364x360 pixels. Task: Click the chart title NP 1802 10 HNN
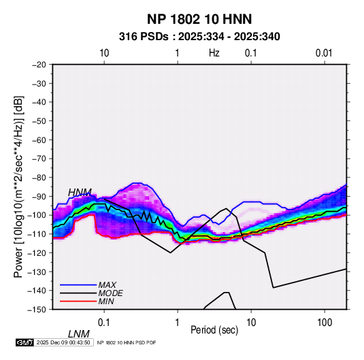pyautogui.click(x=199, y=19)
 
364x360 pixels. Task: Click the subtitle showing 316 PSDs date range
pyautogui.click(x=199, y=37)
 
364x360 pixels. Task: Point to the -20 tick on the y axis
pyautogui.click(x=39, y=65)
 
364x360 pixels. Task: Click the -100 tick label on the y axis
pyautogui.click(x=37, y=215)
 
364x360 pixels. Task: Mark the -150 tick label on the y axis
pyautogui.click(x=37, y=310)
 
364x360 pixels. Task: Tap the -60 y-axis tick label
pyautogui.click(x=39, y=140)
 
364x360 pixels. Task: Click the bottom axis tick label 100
pyautogui.click(x=325, y=323)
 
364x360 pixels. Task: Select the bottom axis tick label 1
pyautogui.click(x=178, y=323)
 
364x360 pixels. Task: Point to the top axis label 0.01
pyautogui.click(x=324, y=53)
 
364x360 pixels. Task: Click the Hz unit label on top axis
pyautogui.click(x=214, y=53)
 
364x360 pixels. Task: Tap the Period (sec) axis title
pyautogui.click(x=214, y=330)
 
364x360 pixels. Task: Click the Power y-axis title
pyautogui.click(x=18, y=187)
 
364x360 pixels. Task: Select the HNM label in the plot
pyautogui.click(x=80, y=193)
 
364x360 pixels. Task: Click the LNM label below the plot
pyautogui.click(x=79, y=334)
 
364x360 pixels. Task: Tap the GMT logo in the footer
pyautogui.click(x=25, y=342)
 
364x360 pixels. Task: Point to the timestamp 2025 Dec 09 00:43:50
pyautogui.click(x=63, y=342)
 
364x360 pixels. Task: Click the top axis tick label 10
pyautogui.click(x=104, y=53)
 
